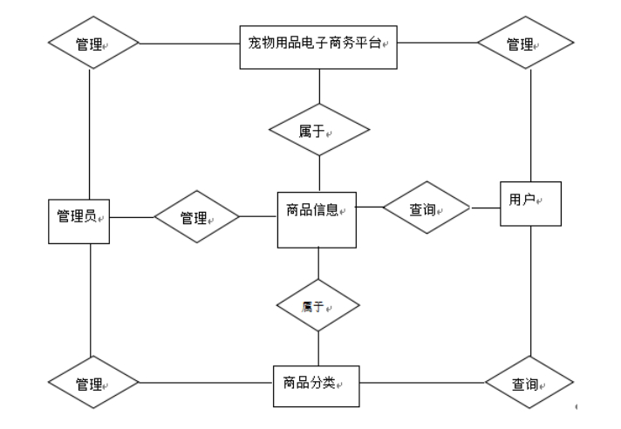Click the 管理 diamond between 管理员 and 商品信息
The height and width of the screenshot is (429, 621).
tap(196, 216)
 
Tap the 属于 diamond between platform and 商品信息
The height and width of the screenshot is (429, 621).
tap(319, 130)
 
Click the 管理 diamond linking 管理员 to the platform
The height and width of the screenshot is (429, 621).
tap(92, 42)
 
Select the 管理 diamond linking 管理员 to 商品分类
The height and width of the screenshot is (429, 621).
tap(92, 383)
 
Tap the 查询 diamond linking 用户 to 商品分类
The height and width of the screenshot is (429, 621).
tap(529, 383)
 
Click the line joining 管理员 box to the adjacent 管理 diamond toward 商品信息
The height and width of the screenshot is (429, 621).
tap(132, 216)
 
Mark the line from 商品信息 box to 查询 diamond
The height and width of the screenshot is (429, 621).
tap(371, 208)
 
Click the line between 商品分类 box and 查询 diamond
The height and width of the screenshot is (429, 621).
tap(421, 383)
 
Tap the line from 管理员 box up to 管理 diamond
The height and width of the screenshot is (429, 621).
tap(91, 131)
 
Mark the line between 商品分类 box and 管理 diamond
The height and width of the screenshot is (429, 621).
tap(206, 383)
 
